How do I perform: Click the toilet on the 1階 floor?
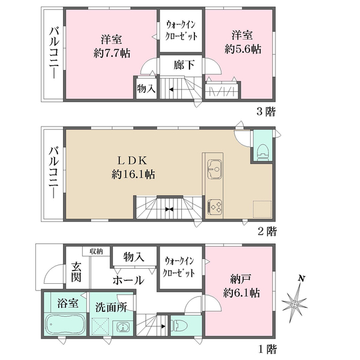(x=180, y=326)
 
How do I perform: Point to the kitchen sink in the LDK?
(x=214, y=169)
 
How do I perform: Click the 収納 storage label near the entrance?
(x=96, y=251)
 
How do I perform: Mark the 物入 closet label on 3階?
(x=146, y=89)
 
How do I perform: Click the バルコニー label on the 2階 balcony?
(x=53, y=173)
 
